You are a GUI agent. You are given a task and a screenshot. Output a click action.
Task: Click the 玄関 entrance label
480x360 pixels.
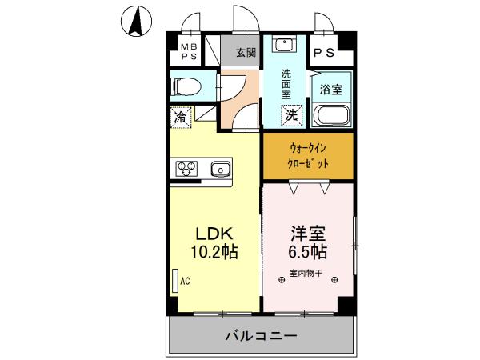point(246,54)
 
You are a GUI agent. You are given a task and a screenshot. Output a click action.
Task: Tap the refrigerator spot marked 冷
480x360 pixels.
point(182,117)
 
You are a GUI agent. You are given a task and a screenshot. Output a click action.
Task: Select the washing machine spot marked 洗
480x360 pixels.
point(292,114)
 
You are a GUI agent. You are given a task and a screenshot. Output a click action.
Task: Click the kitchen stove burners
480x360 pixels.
point(186,169)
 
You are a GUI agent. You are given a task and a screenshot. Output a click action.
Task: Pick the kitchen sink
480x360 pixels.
point(219,169)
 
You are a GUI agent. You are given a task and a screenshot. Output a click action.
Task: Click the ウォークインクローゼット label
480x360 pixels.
point(308,155)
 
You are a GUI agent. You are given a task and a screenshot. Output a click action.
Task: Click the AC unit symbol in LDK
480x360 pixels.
point(174,282)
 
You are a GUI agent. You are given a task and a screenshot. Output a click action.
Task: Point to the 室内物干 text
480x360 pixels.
point(306,274)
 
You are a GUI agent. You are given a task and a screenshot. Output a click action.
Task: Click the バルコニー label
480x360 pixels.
point(261,335)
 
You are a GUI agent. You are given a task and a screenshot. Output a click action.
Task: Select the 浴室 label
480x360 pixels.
point(330,89)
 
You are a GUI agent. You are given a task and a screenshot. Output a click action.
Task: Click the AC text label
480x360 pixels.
point(186,282)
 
